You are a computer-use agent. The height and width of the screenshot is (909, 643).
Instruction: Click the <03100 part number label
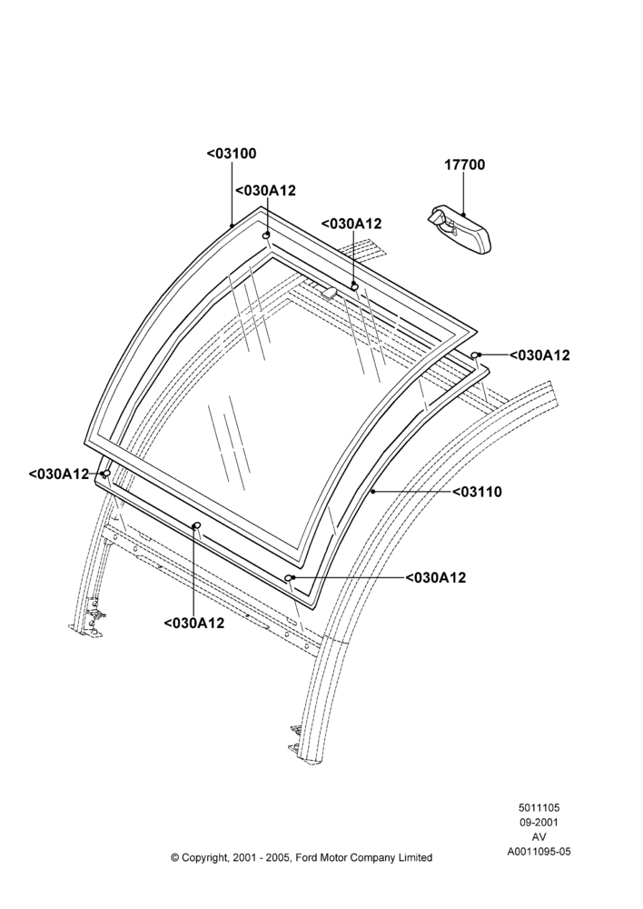click(x=231, y=154)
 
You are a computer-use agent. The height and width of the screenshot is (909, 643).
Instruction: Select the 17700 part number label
click(x=465, y=165)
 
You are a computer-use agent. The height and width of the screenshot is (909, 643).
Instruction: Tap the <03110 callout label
click(x=477, y=492)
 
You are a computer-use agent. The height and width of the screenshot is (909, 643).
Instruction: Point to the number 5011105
click(x=539, y=807)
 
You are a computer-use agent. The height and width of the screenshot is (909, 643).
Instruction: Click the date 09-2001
click(x=539, y=822)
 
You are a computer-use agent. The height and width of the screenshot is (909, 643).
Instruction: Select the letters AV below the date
click(x=539, y=837)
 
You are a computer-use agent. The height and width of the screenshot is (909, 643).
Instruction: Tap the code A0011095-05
click(x=539, y=852)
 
